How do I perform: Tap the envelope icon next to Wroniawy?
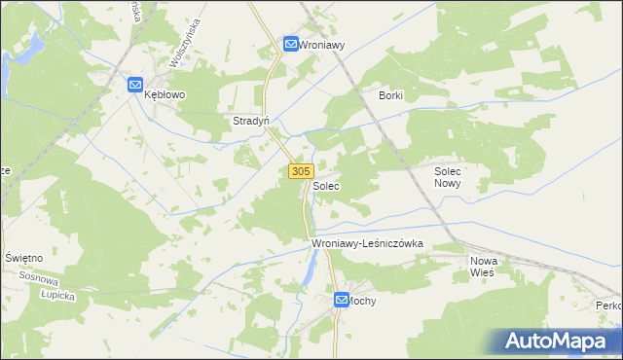(291, 44)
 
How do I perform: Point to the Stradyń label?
(250, 122)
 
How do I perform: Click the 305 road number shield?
(300, 171)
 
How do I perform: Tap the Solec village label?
(326, 184)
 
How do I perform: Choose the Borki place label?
(390, 96)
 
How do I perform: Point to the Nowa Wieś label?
(483, 267)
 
